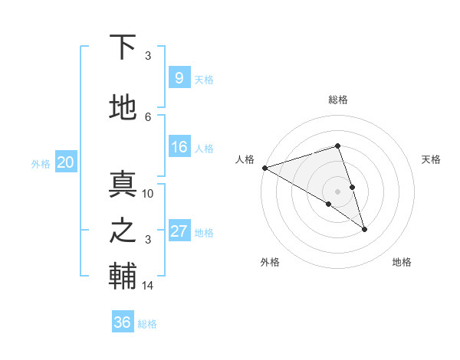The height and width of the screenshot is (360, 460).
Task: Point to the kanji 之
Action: (123, 231)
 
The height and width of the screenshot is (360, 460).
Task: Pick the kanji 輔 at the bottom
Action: (123, 277)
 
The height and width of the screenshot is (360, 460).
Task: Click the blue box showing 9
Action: (179, 78)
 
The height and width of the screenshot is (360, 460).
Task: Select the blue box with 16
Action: (179, 147)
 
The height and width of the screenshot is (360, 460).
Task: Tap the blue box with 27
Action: (179, 231)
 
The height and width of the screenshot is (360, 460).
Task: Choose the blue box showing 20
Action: (65, 162)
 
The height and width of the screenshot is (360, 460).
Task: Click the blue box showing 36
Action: (123, 322)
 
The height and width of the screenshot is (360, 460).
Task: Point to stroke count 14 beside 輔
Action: (148, 286)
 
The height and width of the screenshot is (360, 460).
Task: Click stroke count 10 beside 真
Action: (148, 194)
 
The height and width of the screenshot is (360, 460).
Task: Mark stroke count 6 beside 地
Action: (148, 116)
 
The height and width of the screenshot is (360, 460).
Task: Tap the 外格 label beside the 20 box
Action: (41, 163)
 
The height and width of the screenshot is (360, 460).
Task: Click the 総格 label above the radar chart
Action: (337, 100)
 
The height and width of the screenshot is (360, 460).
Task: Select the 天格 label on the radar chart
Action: (431, 159)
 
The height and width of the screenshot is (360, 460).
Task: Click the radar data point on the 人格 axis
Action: (264, 167)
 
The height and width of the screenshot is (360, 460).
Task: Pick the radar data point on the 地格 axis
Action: (364, 228)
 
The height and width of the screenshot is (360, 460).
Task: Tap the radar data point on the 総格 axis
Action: (337, 146)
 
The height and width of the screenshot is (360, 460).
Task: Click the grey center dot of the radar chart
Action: (337, 191)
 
